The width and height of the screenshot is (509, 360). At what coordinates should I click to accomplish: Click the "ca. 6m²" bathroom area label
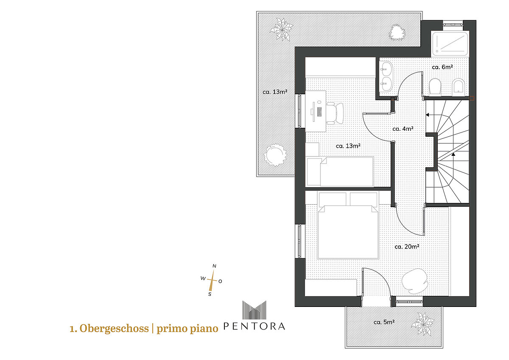click(442, 67)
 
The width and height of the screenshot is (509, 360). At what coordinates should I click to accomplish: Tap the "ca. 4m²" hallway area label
click(403, 129)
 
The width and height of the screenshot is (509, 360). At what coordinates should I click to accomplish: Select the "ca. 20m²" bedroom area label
click(407, 247)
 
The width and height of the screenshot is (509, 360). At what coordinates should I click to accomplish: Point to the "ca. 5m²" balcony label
click(384, 322)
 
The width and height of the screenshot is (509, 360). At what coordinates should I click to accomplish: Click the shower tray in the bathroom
click(450, 44)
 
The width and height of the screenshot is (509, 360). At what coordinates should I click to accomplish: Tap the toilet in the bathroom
click(435, 86)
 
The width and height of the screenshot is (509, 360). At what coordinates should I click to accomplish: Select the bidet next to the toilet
click(458, 87)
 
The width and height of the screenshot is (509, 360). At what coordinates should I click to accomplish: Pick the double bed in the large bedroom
click(348, 225)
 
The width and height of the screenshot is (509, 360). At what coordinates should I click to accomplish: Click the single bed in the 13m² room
click(340, 172)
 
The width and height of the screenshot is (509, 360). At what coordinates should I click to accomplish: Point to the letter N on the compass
click(214, 266)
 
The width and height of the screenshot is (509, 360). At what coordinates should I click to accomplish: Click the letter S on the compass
click(210, 294)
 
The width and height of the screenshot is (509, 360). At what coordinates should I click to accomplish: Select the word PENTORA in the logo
click(254, 326)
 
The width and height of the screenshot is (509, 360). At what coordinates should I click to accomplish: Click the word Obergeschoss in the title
click(114, 329)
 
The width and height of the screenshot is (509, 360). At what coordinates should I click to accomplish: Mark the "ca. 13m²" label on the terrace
click(275, 92)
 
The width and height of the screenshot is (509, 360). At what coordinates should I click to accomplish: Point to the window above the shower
click(453, 24)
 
